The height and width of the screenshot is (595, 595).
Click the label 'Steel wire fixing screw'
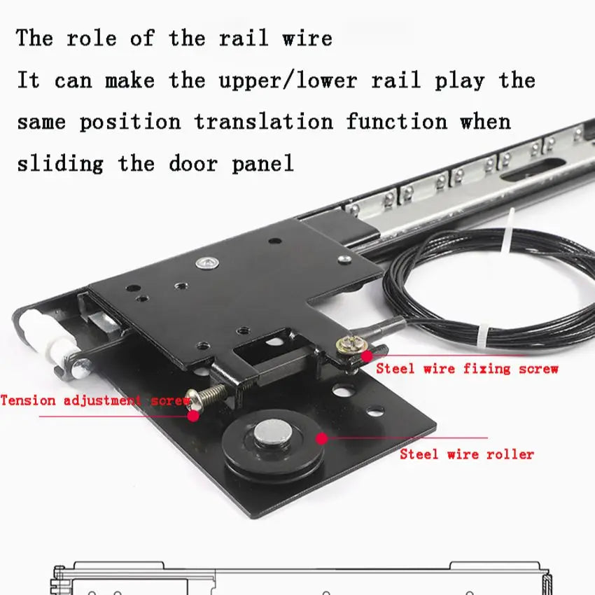[x=467, y=368]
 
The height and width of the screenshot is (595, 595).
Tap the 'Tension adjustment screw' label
[x=95, y=400]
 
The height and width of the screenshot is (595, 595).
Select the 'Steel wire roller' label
[x=467, y=454]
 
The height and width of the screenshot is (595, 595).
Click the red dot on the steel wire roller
[x=322, y=438]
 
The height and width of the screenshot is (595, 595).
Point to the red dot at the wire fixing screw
[x=367, y=356]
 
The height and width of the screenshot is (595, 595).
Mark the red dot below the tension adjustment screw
[x=193, y=416]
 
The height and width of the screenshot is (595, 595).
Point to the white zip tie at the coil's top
[x=508, y=231]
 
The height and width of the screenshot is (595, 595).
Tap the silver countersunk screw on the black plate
[x=206, y=262]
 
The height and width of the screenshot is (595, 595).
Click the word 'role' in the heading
[x=92, y=38]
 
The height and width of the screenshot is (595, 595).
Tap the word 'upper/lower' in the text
[x=288, y=80]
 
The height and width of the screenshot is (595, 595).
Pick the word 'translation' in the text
[x=264, y=122]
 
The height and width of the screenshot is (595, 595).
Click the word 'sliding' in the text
[x=60, y=164]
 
